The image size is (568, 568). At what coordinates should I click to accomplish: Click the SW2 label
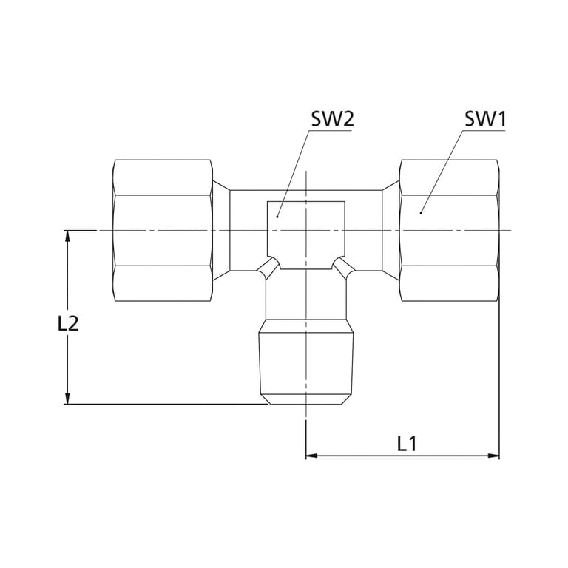[332, 119]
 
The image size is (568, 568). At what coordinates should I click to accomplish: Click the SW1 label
[485, 119]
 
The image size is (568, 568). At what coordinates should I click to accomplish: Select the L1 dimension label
[407, 444]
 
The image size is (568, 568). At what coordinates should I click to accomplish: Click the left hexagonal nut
[163, 231]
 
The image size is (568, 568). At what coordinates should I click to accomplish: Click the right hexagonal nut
[450, 231]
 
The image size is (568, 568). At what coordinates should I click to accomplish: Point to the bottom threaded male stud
[306, 362]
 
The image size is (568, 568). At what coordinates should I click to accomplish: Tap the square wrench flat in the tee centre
[306, 235]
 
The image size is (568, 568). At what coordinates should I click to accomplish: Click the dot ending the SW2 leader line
[277, 217]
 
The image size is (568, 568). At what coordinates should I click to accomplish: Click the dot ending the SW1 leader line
[421, 213]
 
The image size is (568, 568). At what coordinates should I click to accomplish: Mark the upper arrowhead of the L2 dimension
[67, 236]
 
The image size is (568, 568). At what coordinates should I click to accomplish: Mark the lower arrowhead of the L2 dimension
[67, 399]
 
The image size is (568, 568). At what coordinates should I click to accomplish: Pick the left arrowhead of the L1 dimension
[311, 456]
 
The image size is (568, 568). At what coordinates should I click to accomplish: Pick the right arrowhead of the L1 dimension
[494, 456]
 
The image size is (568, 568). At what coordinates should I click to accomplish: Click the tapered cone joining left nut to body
[221, 231]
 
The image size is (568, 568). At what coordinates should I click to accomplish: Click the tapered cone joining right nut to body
[390, 231]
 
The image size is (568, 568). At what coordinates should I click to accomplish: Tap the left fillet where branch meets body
[268, 268]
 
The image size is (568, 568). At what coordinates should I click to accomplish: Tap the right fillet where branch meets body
[344, 268]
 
